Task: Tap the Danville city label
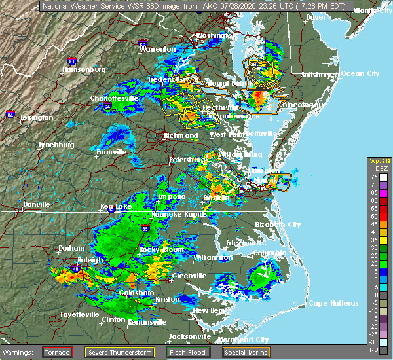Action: click(36, 204)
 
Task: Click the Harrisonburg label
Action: click(83, 69)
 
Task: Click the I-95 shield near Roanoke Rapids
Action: click(145, 229)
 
